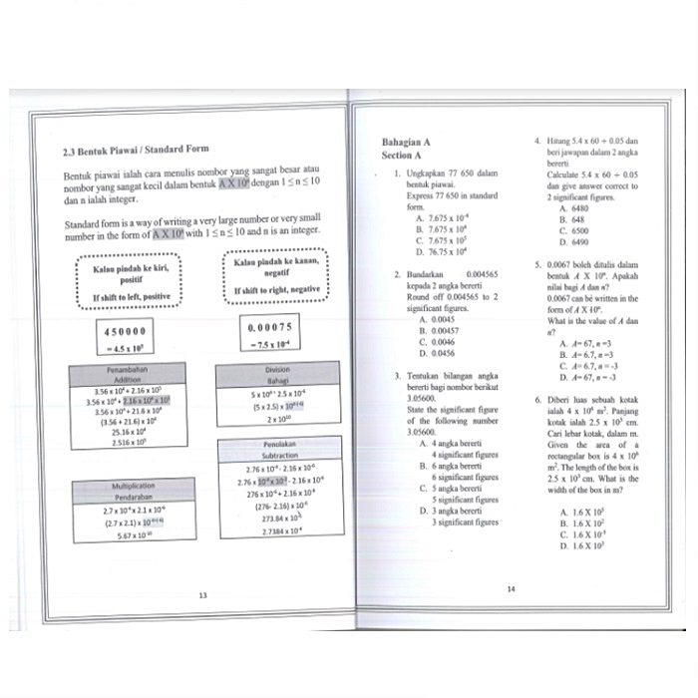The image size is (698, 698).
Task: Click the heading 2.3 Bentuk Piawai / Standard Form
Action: (x=136, y=150)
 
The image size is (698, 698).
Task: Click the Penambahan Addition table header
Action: (x=128, y=376)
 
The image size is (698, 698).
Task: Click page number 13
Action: (x=202, y=595)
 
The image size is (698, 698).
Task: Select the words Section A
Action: (x=402, y=156)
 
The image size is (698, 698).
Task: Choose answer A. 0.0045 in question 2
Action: (x=437, y=319)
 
